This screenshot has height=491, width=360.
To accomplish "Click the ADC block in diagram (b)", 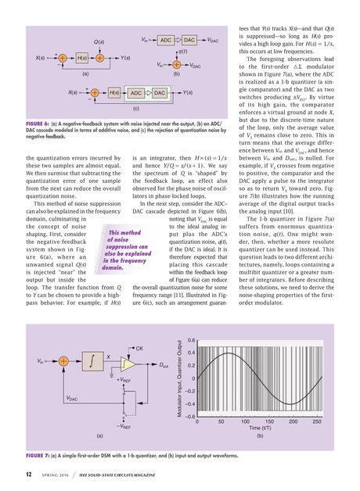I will coord(166,38).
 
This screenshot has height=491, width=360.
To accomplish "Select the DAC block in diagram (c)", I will coord(160,93).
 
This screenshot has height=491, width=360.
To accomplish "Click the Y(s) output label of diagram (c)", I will coord(187,93).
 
